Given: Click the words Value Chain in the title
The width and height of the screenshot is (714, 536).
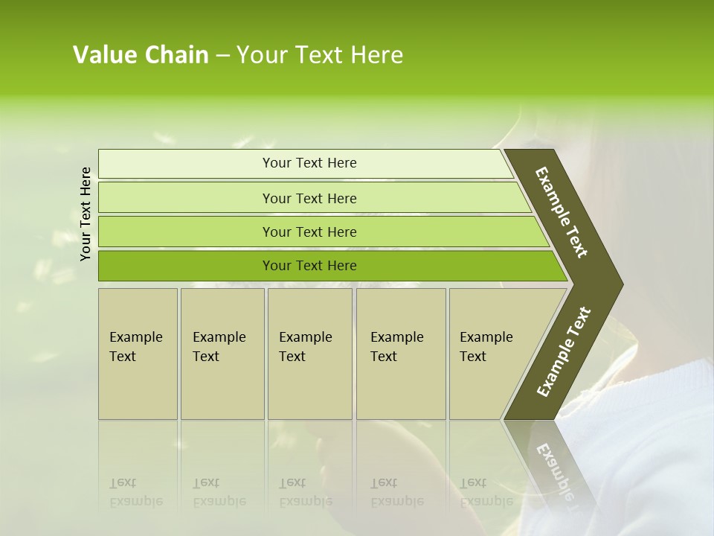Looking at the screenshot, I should pos(141,55).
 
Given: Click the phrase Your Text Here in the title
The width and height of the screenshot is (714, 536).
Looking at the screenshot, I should pos(320,55).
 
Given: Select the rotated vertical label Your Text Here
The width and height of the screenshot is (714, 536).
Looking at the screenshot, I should pos(86,214).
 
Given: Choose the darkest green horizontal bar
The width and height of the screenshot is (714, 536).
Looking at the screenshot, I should pos(186,266).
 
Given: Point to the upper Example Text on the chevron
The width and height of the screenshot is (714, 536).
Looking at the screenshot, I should pos(562,212).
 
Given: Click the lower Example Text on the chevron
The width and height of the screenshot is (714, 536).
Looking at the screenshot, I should pos(563,352).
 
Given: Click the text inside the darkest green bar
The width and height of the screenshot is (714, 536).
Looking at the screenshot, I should pos(309,266).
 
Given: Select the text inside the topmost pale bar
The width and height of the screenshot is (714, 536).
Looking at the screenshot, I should pos(309,163).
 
